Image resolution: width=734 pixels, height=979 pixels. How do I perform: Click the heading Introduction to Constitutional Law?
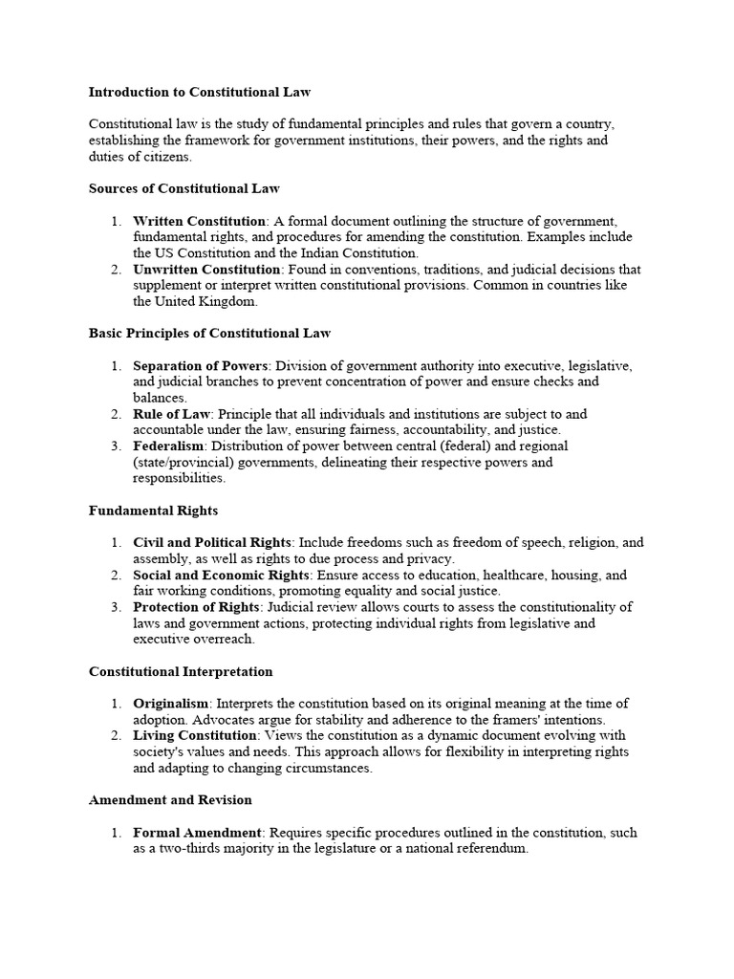coord(200,93)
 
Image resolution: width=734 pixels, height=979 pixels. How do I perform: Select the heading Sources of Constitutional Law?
coord(184,188)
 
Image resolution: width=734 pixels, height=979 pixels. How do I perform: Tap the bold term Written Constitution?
coord(200,221)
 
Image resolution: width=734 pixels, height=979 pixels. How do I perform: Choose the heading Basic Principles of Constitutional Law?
coord(209,333)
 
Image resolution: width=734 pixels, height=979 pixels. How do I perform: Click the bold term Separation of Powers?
coord(202,366)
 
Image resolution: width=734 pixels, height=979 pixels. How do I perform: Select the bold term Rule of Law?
coord(171,414)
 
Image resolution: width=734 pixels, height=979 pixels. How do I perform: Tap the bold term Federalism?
coord(168,446)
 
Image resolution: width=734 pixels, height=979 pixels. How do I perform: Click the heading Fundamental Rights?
coord(154,511)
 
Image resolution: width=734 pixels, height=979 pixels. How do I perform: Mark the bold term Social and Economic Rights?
coord(222,576)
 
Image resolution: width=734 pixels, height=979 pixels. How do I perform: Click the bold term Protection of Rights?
coord(196,607)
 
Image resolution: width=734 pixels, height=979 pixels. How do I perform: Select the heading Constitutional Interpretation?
coord(181,672)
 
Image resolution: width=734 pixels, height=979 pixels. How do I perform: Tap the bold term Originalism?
coord(170,704)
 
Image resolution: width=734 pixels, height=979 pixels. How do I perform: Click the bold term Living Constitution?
coord(195,735)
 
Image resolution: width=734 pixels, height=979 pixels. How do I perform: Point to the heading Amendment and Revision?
coord(170,799)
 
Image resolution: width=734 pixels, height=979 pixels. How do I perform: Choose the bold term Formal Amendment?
coord(197,833)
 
